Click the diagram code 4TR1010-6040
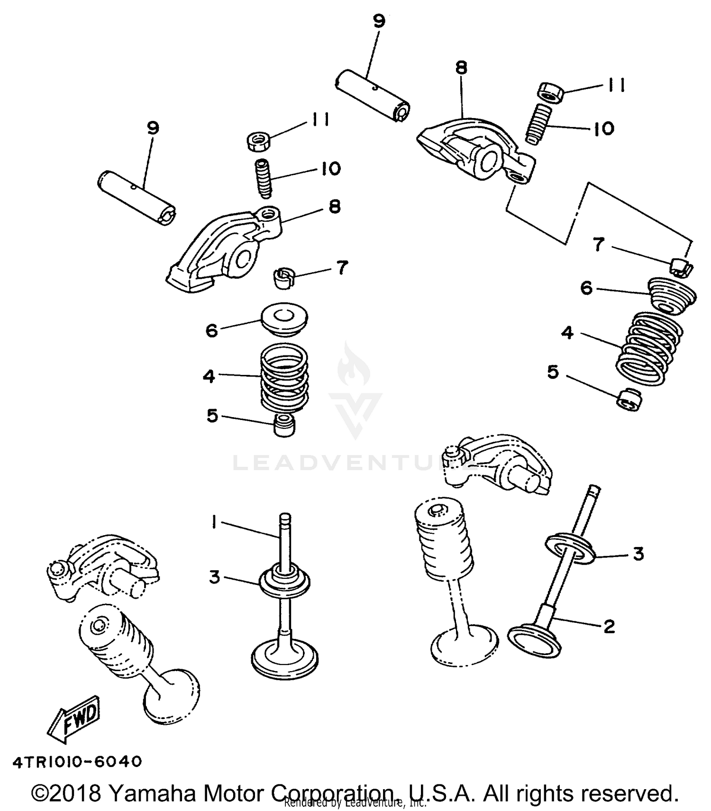pyautogui.click(x=77, y=762)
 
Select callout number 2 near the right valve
pyautogui.click(x=610, y=626)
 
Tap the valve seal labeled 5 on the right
pyautogui.click(x=630, y=400)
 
